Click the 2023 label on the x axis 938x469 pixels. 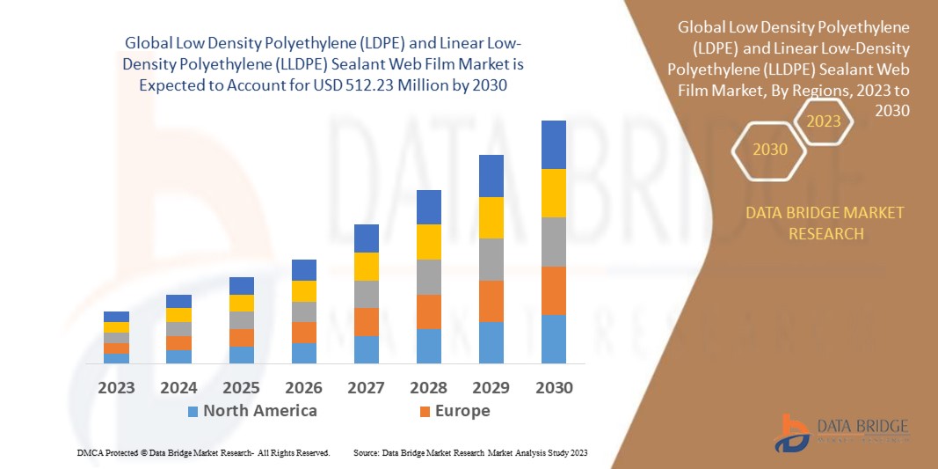coord(116,388)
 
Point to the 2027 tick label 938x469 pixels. coord(366,388)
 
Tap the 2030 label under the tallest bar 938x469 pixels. coord(553,388)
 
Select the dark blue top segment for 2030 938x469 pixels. coord(553,144)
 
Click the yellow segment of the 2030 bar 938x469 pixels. coord(553,193)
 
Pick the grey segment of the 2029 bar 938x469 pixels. coord(491,260)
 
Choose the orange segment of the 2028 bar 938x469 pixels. coord(428,311)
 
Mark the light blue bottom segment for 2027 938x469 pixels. coord(366,349)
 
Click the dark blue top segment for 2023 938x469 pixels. coord(116,317)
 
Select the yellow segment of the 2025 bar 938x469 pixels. coord(241,303)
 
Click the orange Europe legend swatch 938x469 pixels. coord(425,411)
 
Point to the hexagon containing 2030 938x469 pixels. coord(770,150)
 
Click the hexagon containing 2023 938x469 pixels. coord(824,121)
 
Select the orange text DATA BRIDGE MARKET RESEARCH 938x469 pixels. coord(825,224)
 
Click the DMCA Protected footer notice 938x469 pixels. coord(204,452)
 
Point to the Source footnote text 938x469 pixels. coord(470,452)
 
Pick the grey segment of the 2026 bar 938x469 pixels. coord(303,311)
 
